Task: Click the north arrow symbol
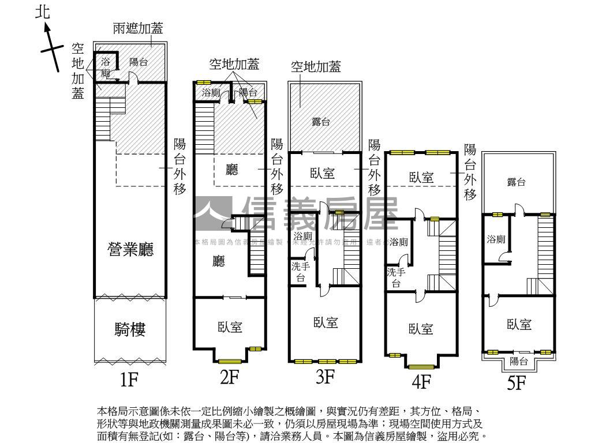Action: (x=51, y=49)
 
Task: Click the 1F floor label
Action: (x=130, y=380)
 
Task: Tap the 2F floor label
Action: (x=229, y=377)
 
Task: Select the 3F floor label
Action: (x=326, y=377)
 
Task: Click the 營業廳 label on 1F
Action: (x=130, y=249)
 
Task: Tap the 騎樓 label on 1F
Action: (x=130, y=330)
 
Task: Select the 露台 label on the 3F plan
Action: (x=321, y=122)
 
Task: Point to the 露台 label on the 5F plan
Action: (x=516, y=182)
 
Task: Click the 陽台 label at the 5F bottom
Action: (x=519, y=362)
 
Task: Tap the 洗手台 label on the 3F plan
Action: (x=300, y=272)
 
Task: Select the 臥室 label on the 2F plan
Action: (x=230, y=327)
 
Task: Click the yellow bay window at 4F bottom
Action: (x=421, y=366)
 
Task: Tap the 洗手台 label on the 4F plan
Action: (x=396, y=277)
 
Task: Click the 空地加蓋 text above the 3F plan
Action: (x=316, y=67)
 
